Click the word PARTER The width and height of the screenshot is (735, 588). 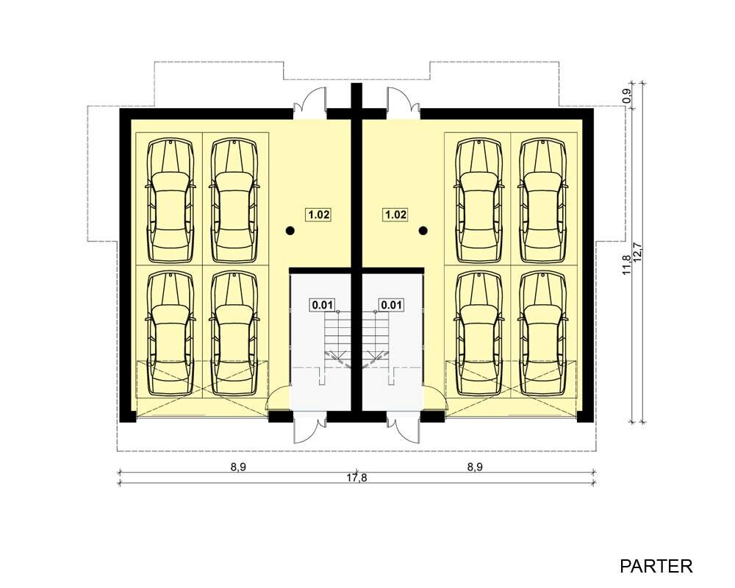(656, 566)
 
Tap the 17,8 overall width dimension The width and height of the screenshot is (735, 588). (356, 478)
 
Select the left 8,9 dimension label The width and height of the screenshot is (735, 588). (238, 467)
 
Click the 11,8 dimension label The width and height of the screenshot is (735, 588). (627, 264)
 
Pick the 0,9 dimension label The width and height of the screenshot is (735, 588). (628, 96)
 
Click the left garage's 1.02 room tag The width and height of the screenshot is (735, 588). (319, 215)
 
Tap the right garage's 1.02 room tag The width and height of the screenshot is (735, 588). (395, 215)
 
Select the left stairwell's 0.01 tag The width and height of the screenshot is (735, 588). (323, 305)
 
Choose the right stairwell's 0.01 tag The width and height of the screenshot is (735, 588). (391, 305)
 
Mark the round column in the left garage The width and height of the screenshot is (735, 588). (290, 230)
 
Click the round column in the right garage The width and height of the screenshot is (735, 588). (423, 230)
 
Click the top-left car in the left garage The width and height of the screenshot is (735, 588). (171, 201)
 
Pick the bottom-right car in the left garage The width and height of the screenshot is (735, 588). (234, 334)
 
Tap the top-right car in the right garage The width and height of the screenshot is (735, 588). (543, 201)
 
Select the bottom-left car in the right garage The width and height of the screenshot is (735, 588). (479, 334)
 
